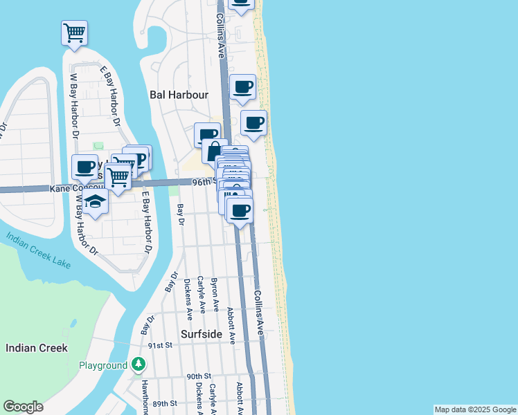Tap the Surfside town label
click(201, 334)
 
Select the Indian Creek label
click(37, 348)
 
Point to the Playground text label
click(102, 365)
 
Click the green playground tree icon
click(139, 364)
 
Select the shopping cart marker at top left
click(74, 32)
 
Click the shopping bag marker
click(215, 151)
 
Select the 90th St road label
click(199, 377)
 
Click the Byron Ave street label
click(214, 294)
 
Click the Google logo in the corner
click(24, 407)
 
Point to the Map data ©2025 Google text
click(475, 409)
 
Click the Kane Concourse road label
click(75, 188)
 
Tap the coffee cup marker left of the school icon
click(84, 167)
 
